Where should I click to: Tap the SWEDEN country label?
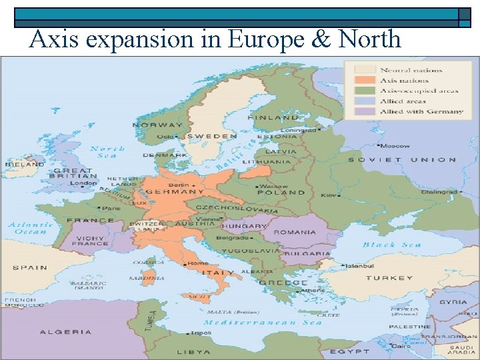tap(211, 136)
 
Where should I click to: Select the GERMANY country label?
tap(175, 191)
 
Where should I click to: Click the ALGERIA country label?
tap(66, 331)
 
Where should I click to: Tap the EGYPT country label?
tap(349, 351)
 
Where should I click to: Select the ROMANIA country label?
tap(294, 233)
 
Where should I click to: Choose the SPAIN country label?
tap(30, 267)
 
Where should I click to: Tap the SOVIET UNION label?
tap(402, 160)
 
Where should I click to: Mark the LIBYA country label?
tap(194, 351)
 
